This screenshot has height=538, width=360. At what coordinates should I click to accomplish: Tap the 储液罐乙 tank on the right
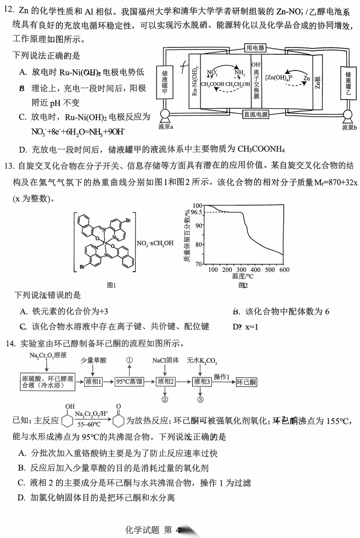(348, 82)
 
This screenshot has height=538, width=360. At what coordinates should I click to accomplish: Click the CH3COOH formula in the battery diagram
(213, 84)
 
